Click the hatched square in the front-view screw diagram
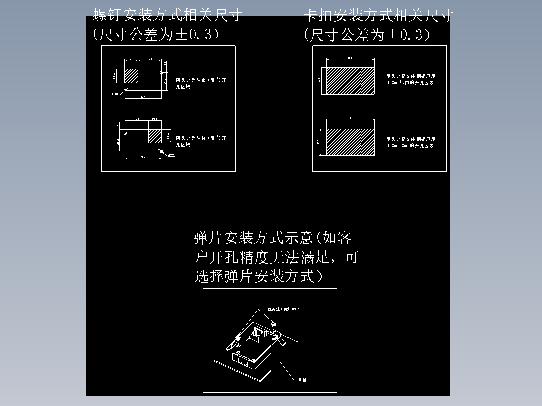pyautogui.click(x=131, y=76)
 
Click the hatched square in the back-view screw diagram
pyautogui.click(x=155, y=135)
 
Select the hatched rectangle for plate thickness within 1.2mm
pyautogui.click(x=350, y=81)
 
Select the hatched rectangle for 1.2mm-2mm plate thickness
pyautogui.click(x=350, y=142)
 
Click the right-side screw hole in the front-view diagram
pyautogui.click(x=161, y=73)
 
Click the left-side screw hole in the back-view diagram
pyautogui.click(x=125, y=133)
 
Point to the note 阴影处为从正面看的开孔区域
pyautogui.click(x=200, y=83)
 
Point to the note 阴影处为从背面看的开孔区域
pyautogui.click(x=200, y=141)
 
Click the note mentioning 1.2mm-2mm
pyautogui.click(x=411, y=142)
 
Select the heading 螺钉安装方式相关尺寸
pyautogui.click(x=167, y=16)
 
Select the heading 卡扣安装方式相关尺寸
pyautogui.click(x=378, y=16)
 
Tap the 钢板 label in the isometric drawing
pyautogui.click(x=302, y=380)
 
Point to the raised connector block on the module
pyautogui.click(x=260, y=333)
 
